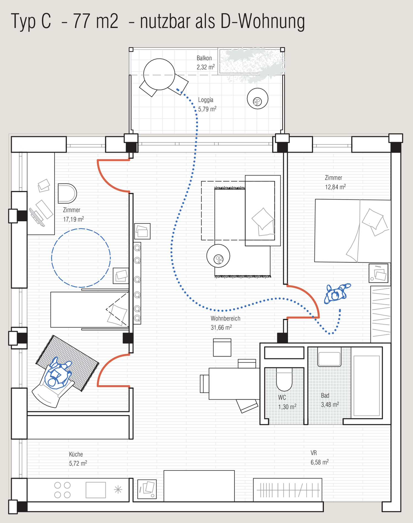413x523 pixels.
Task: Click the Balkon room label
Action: click(x=204, y=58)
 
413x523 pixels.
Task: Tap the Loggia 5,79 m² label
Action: click(x=207, y=104)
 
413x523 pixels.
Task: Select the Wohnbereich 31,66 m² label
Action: click(x=225, y=323)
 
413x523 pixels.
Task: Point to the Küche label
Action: click(x=76, y=454)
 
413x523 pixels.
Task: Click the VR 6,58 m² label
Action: click(x=320, y=457)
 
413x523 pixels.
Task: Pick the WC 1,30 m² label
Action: click(x=287, y=402)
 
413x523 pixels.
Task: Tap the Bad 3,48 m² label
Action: click(x=330, y=400)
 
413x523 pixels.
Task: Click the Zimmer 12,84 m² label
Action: click(x=335, y=182)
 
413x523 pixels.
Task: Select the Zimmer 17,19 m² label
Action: click(x=74, y=214)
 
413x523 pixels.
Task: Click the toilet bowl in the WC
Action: click(x=284, y=379)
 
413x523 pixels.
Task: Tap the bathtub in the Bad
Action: click(x=367, y=385)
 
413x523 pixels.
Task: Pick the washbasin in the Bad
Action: click(x=329, y=357)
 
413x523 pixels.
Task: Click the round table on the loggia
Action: click(x=159, y=74)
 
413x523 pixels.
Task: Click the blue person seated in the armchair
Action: click(x=58, y=373)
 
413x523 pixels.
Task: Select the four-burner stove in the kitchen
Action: click(x=62, y=490)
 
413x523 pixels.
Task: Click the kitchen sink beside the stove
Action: click(x=96, y=490)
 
